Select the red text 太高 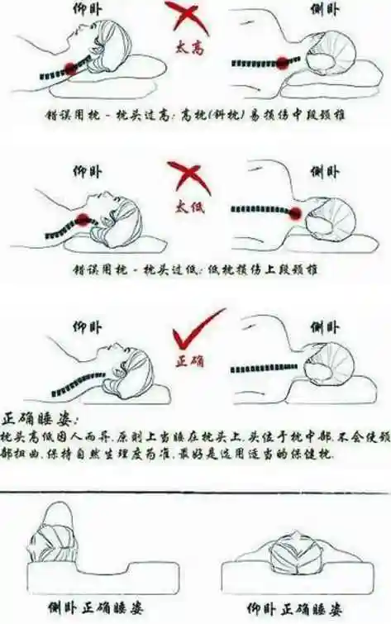pos(190,50)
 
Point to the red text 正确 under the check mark pos(191,361)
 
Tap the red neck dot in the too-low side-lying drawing pos(295,213)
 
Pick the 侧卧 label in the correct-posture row pos(323,326)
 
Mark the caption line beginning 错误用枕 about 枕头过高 pos(195,115)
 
